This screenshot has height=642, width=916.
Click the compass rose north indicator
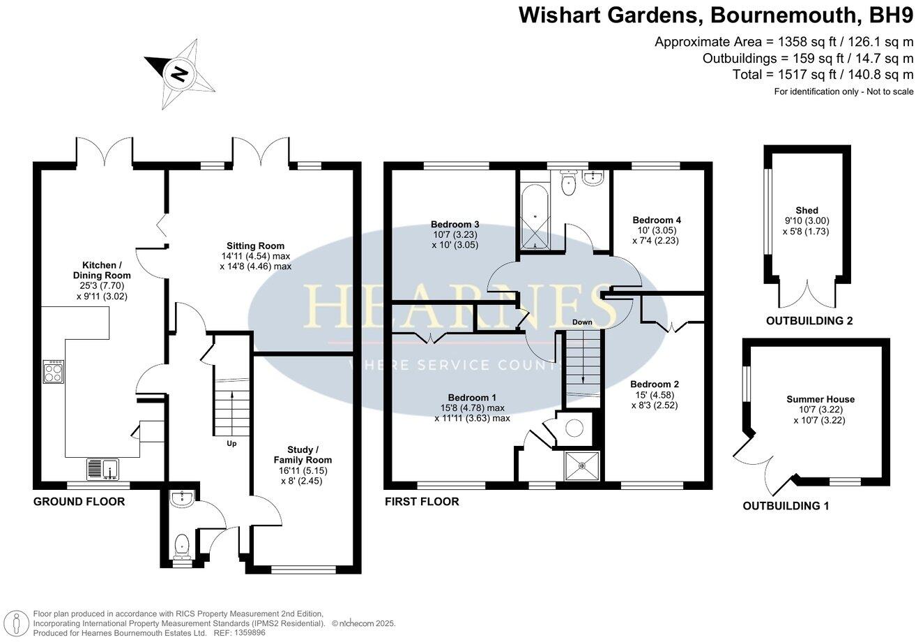179,72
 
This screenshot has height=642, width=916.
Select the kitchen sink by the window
103,470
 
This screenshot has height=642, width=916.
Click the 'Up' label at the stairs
231,442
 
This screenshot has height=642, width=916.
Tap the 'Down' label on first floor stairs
582,322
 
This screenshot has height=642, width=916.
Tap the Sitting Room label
255,246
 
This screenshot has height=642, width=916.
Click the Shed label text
807,211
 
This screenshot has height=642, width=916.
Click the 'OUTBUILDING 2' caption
809,322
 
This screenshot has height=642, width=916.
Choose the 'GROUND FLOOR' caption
79,502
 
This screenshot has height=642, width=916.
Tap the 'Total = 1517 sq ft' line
823,75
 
